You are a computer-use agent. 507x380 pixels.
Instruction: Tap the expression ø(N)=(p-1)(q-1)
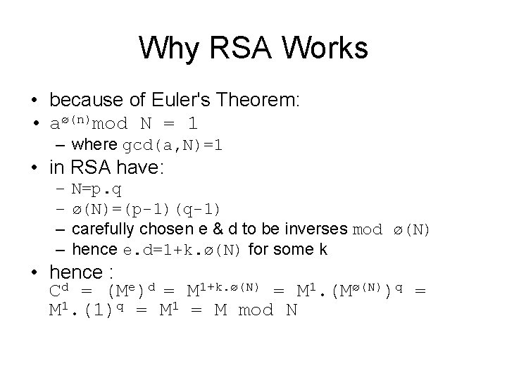point(146,209)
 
